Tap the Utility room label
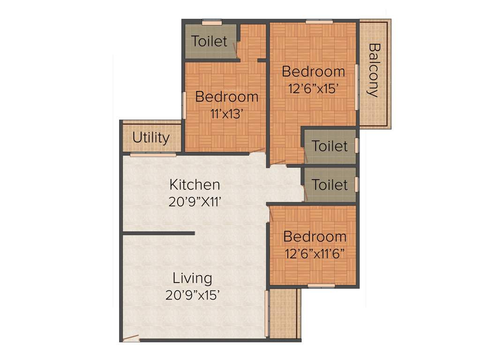click(x=150, y=138)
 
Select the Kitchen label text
click(x=195, y=184)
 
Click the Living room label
click(x=192, y=278)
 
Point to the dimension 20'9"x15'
click(x=193, y=295)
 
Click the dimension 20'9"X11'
click(x=195, y=202)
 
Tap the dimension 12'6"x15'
click(x=314, y=89)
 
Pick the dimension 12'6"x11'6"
click(x=315, y=254)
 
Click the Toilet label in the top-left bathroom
click(x=210, y=41)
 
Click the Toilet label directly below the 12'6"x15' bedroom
click(x=330, y=146)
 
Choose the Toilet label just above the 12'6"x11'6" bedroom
click(x=330, y=185)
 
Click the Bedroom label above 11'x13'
click(x=227, y=97)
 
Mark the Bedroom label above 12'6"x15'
click(x=314, y=72)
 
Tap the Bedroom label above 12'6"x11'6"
click(x=315, y=236)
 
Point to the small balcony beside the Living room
click(x=284, y=313)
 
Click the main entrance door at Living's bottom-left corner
click(x=131, y=337)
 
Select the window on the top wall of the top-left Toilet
click(x=212, y=22)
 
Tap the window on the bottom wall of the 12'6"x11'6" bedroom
click(x=321, y=285)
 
